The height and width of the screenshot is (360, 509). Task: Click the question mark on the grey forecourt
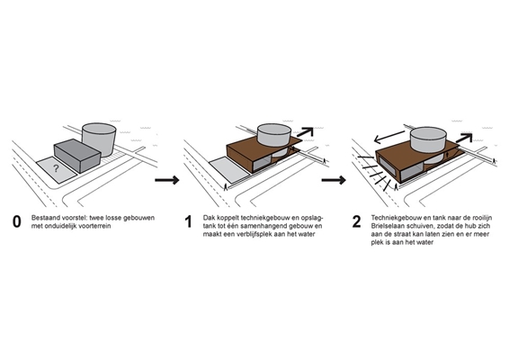click(x=56, y=168)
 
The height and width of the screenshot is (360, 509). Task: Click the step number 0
click(x=16, y=222)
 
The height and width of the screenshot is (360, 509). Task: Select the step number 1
click(x=188, y=222)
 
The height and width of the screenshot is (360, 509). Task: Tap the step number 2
click(x=356, y=222)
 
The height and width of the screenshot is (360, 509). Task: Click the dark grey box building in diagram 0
click(x=77, y=156)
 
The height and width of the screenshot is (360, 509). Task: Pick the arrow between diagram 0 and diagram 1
click(x=167, y=180)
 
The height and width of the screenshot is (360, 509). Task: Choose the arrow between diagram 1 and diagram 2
click(x=334, y=180)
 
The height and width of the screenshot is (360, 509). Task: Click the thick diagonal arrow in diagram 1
click(x=305, y=132)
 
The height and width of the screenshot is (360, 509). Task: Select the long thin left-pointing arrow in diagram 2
click(x=389, y=137)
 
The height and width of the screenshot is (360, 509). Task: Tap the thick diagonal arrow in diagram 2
click(x=464, y=138)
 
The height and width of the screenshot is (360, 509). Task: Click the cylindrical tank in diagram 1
click(x=274, y=137)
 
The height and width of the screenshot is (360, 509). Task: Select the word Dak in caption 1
click(x=209, y=218)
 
